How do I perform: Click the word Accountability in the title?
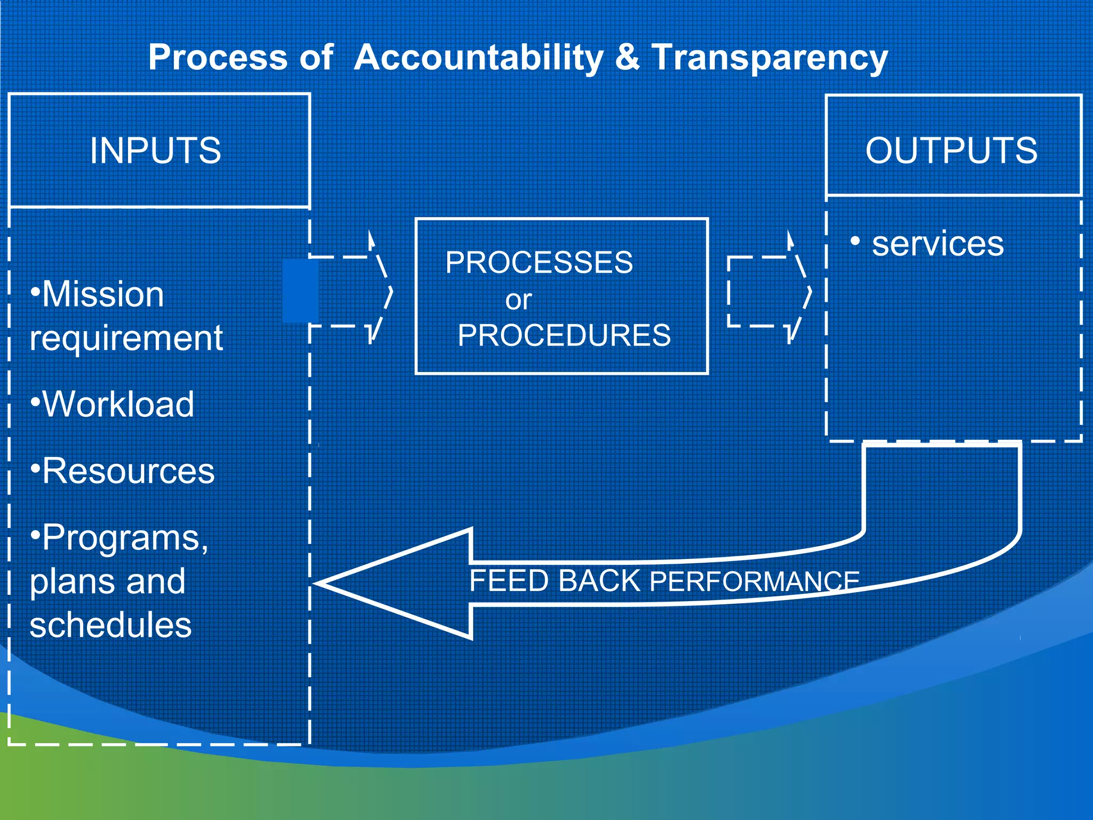(479, 57)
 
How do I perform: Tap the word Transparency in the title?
(770, 57)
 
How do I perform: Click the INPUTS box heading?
(155, 151)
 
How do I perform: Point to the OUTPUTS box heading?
(951, 151)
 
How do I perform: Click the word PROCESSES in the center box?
(539, 263)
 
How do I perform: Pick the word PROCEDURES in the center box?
(564, 335)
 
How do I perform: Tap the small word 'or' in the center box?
(518, 300)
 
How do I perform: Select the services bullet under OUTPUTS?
(937, 243)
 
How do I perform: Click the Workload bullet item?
(117, 404)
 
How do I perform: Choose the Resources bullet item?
(127, 471)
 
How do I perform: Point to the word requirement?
(126, 338)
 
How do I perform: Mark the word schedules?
(110, 625)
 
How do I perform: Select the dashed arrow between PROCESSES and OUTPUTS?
(769, 291)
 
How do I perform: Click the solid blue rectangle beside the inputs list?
(300, 291)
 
